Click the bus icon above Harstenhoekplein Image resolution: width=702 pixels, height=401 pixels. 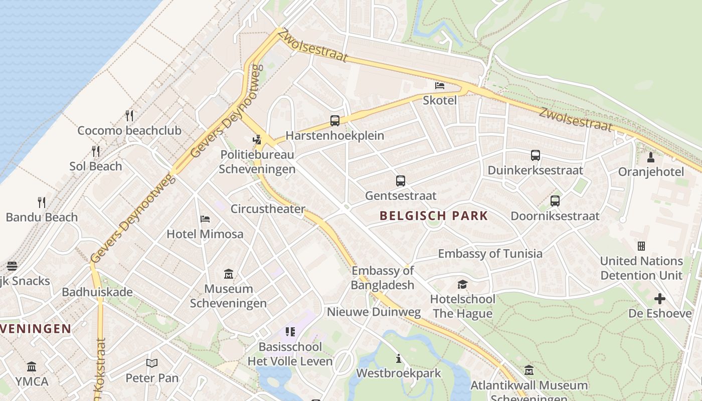334,120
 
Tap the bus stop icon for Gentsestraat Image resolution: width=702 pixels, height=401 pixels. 400,180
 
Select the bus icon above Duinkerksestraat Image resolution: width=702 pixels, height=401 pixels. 536,155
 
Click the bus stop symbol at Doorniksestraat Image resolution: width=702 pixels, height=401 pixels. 555,201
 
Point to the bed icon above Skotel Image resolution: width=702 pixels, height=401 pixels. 440,85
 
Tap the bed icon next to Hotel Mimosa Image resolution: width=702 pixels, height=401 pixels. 205,219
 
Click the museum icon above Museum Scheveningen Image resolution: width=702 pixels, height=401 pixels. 229,274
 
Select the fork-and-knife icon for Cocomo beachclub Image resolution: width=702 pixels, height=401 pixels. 129,116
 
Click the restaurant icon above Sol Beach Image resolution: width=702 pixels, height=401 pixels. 96,151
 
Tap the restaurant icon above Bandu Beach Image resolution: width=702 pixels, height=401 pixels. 42,202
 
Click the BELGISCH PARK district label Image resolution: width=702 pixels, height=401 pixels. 434,216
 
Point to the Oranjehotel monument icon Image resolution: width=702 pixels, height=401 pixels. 651,157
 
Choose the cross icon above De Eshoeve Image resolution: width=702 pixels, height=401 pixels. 660,299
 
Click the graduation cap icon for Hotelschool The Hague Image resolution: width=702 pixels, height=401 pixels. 462,285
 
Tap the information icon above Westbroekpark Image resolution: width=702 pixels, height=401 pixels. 399,358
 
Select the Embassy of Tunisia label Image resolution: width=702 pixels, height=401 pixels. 490,254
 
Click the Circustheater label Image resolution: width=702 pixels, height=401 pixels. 268,209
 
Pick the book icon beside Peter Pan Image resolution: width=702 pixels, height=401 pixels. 152,362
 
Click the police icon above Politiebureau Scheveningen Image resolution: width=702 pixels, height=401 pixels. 257,140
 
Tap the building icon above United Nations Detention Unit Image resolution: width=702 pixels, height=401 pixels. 641,246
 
